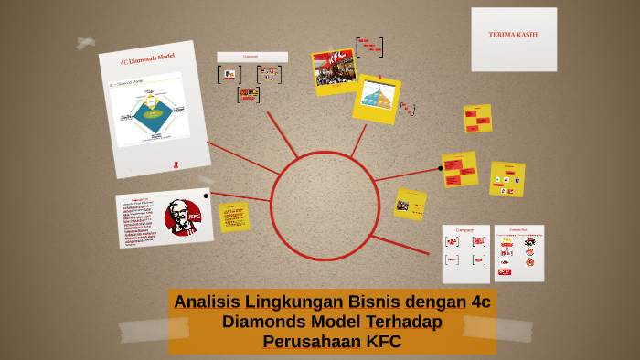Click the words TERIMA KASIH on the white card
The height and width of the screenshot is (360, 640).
coord(513,35)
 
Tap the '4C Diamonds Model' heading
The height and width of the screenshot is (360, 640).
coord(147,58)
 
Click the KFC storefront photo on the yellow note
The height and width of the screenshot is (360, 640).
coord(333,68)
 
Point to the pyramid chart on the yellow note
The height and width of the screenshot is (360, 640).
coord(377,95)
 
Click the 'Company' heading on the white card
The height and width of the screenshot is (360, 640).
coord(464,231)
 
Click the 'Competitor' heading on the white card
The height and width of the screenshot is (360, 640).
coord(517,231)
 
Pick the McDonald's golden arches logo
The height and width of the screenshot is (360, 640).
coord(506,242)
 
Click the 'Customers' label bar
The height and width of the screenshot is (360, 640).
coord(251,57)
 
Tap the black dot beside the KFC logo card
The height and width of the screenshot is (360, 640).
coord(206,196)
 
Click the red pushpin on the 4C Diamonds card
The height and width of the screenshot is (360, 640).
coord(176,164)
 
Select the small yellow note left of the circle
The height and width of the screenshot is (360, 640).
coord(234,217)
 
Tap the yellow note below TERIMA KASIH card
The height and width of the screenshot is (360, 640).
coord(477,118)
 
